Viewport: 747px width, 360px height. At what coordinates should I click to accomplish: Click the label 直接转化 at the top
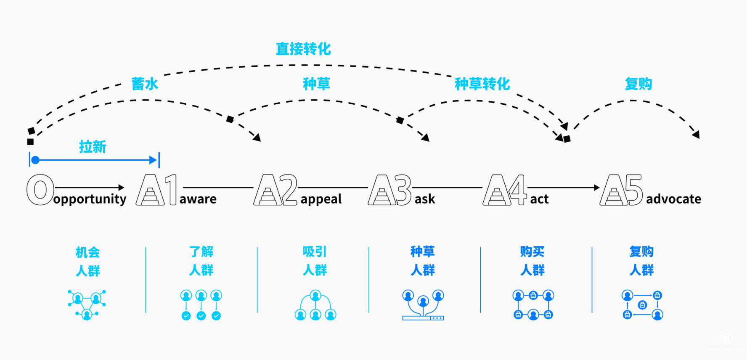coord(303,49)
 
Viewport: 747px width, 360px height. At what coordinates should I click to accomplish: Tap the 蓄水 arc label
coord(145,84)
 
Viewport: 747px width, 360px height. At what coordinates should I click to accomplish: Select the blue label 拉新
coord(93,147)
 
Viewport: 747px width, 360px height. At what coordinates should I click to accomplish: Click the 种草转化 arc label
coord(482,84)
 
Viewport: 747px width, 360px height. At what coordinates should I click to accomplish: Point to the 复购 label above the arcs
coord(638,84)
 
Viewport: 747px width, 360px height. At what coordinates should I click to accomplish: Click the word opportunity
coord(90,199)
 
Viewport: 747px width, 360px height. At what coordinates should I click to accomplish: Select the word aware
coord(198,199)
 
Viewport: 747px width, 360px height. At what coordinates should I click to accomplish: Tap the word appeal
coord(321,199)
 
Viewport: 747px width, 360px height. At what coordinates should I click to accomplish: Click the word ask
coord(425,199)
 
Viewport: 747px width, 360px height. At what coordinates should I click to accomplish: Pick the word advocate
coord(673,199)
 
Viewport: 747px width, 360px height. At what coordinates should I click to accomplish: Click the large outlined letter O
coord(40,190)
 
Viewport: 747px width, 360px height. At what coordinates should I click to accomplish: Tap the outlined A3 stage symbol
coord(390,190)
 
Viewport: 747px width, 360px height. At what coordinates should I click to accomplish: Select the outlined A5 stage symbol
coord(621,190)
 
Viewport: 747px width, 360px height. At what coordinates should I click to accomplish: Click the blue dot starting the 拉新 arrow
coord(36,160)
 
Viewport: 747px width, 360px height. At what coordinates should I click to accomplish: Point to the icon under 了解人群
coord(201,305)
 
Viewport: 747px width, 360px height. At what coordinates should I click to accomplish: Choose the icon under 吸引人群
coord(315,305)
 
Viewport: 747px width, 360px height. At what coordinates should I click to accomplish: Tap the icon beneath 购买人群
coord(533,305)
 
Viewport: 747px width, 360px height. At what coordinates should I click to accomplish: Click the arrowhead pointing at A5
coord(596,188)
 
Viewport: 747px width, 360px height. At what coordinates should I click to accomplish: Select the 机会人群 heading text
coord(88,261)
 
